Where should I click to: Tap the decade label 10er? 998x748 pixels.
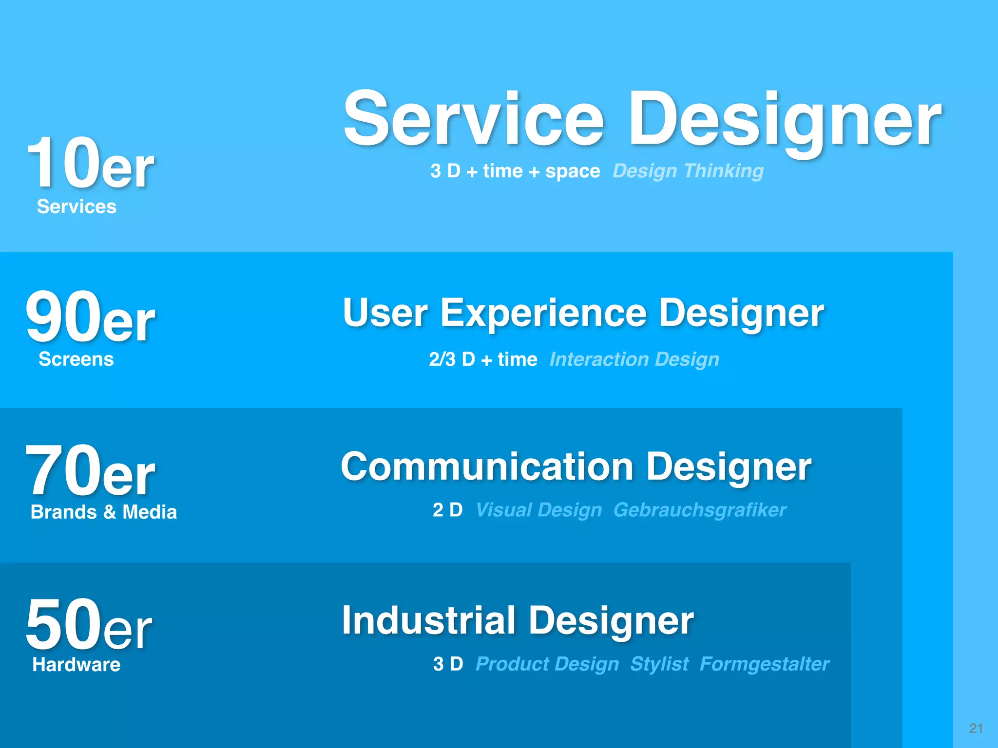coord(90,163)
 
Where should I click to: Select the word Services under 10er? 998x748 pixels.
coord(77,206)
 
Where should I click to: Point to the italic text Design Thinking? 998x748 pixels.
coord(688,171)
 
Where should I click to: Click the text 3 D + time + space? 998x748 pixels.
coord(515,171)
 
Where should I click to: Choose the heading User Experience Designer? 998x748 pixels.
coord(583,313)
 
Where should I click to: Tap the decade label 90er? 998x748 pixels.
coord(90,318)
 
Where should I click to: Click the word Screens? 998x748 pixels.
coord(76,359)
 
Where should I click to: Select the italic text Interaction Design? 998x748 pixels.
coord(634,359)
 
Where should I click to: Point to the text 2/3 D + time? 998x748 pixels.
coord(483,359)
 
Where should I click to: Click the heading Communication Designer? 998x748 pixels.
coord(576,467)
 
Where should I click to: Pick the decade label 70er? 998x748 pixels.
coord(90,471)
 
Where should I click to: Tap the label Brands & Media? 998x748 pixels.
coord(103,512)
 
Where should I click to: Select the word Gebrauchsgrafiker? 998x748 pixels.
coord(699,510)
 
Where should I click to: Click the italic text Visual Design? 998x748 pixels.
coord(538,510)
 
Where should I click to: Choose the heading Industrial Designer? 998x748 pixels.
coord(518,620)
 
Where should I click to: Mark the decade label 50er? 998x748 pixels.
coord(89,625)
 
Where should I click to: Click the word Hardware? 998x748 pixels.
coord(76,665)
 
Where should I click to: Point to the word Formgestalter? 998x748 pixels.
coord(764,664)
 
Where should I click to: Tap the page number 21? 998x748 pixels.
coord(976,728)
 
